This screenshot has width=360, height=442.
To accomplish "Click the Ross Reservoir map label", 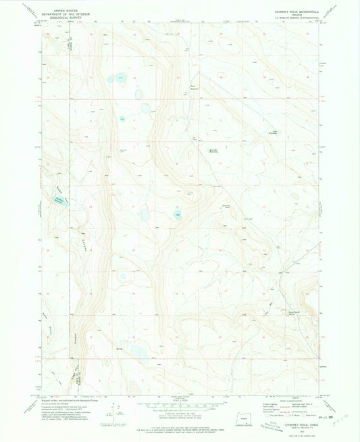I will pos(195,87).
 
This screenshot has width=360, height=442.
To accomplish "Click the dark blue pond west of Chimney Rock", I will pos(178,216).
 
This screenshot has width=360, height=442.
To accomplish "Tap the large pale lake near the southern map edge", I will pos(139,351).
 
